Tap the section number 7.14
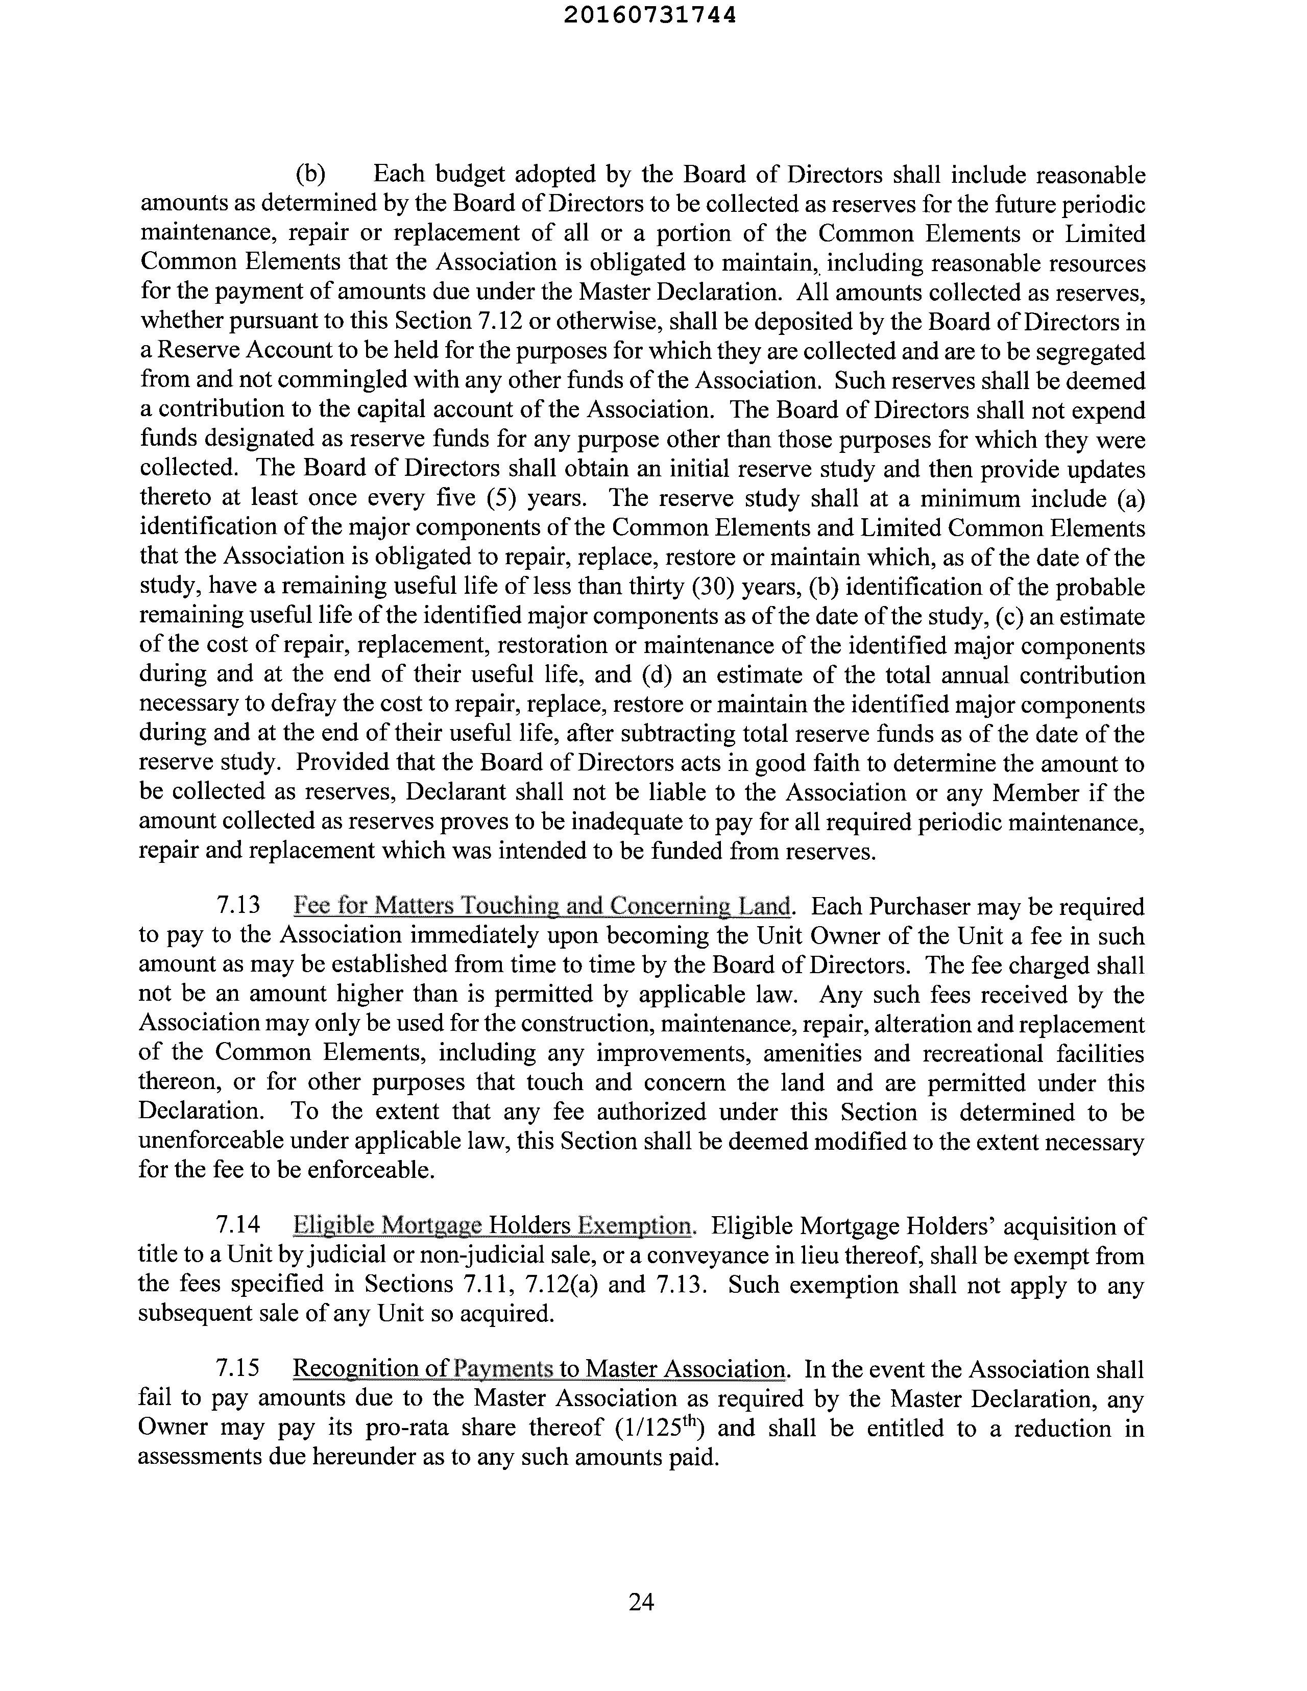pyautogui.click(x=238, y=1226)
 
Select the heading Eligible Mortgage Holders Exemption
pyautogui.click(x=493, y=1226)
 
